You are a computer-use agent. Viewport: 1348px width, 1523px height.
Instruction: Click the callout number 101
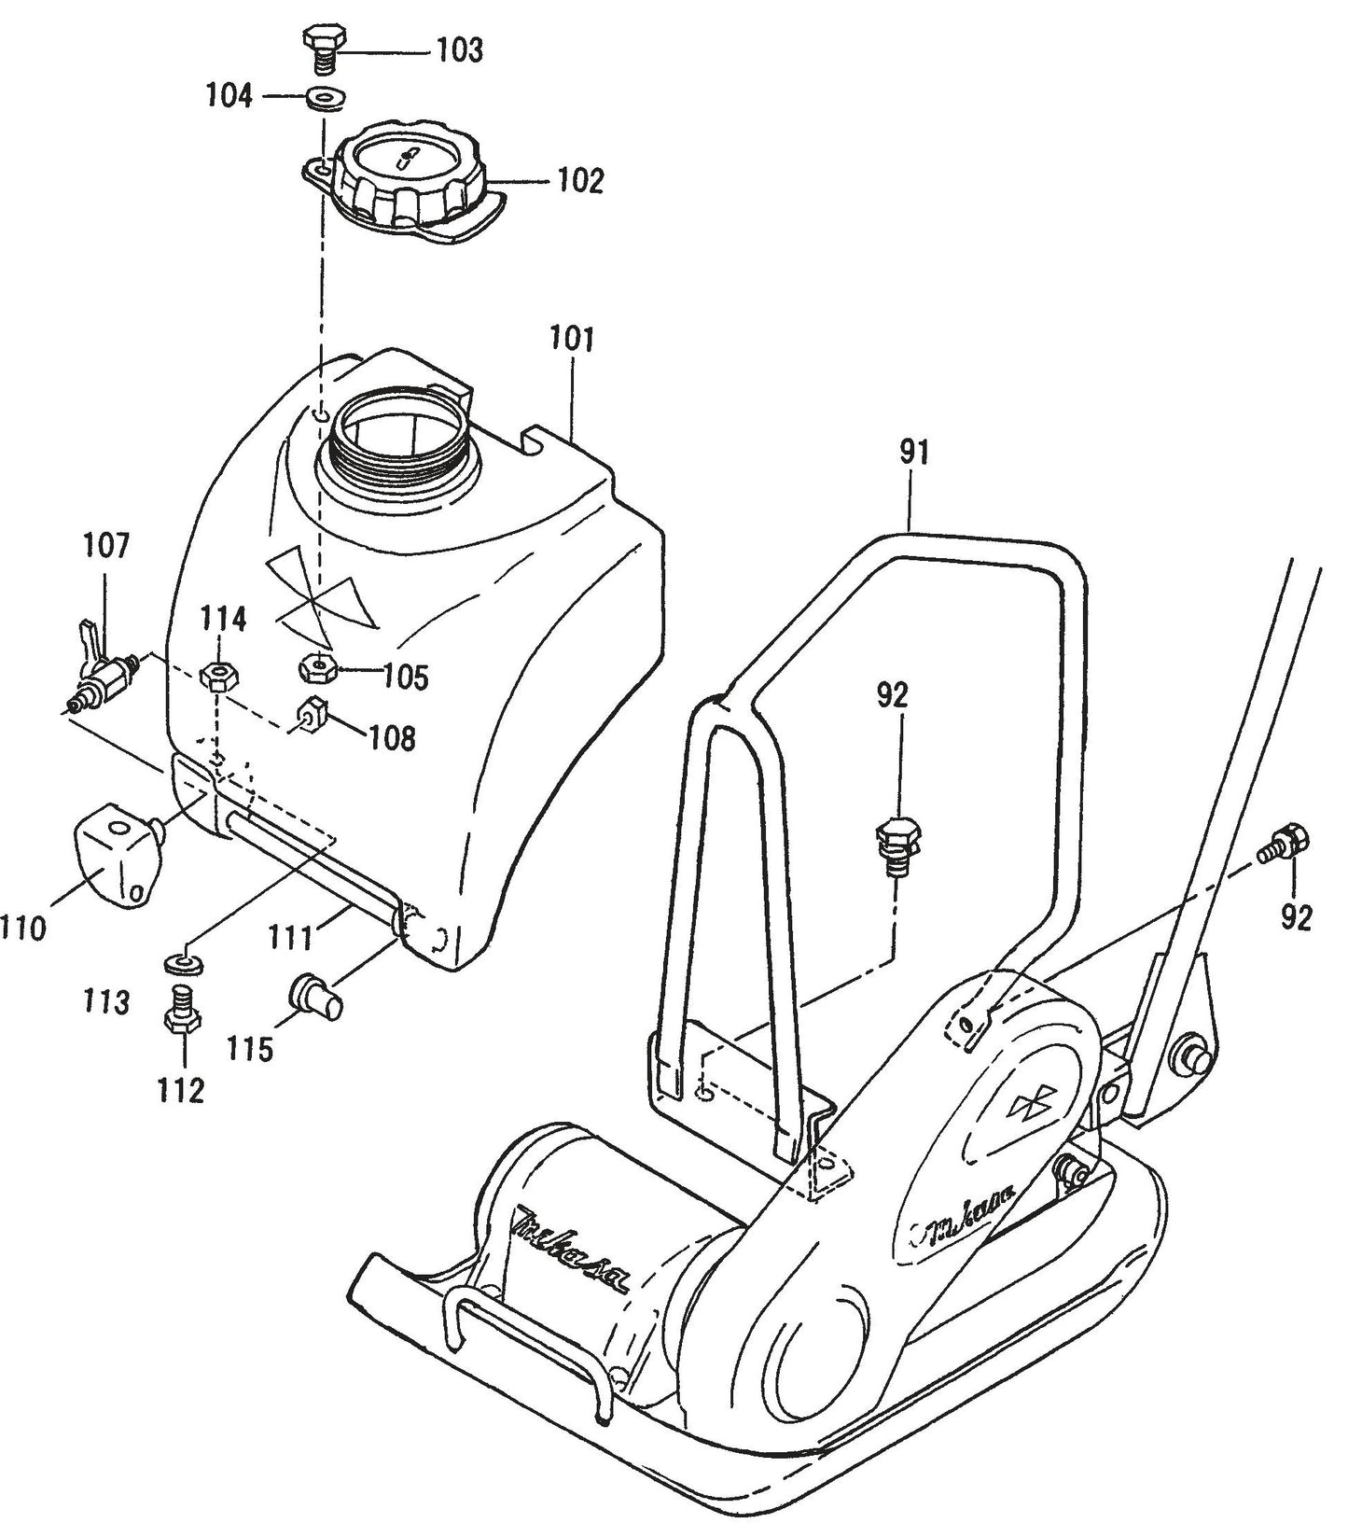coord(571,338)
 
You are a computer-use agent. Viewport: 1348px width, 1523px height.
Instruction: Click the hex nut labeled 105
coord(316,667)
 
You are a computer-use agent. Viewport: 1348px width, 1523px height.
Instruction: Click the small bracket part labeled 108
coord(310,717)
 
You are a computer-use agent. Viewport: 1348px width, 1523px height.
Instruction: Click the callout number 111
coord(291,936)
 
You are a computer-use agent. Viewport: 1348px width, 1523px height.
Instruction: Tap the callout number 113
coord(104,1003)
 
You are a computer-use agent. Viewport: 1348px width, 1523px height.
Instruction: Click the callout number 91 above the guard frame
coord(914,454)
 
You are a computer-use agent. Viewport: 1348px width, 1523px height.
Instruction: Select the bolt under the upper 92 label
coord(896,845)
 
